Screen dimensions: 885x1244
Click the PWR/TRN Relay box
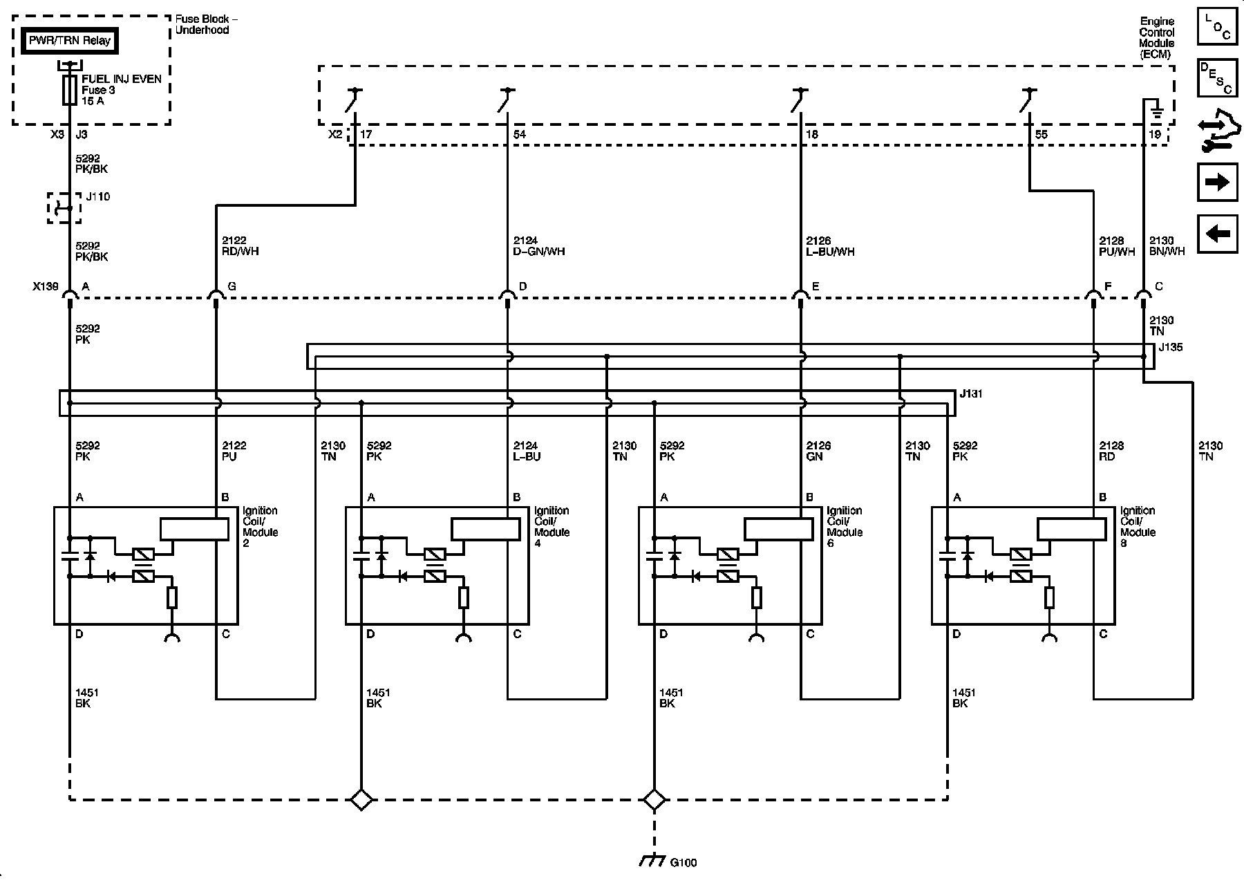tap(69, 41)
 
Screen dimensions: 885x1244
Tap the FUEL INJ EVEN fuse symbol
tap(69, 90)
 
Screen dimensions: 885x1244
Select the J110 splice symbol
tap(64, 208)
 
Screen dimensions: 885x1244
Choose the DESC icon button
tap(1217, 77)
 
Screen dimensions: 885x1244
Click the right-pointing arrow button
tap(1217, 182)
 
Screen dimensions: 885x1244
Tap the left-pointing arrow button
tap(1217, 234)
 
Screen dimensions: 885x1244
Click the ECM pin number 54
tap(520, 134)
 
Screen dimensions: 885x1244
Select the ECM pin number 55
tap(1041, 134)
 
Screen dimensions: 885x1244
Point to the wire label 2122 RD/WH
tap(240, 246)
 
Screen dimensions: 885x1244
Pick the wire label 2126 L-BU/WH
tap(830, 246)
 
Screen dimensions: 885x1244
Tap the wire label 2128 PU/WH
tap(1118, 246)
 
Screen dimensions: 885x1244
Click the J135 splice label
tap(1170, 347)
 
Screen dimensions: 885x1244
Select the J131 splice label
tap(971, 394)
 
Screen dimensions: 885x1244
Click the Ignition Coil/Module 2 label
tap(261, 527)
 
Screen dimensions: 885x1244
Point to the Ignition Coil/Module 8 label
tap(1138, 527)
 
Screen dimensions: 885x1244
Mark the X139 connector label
tap(46, 286)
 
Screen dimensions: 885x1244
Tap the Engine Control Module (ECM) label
tap(1156, 38)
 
